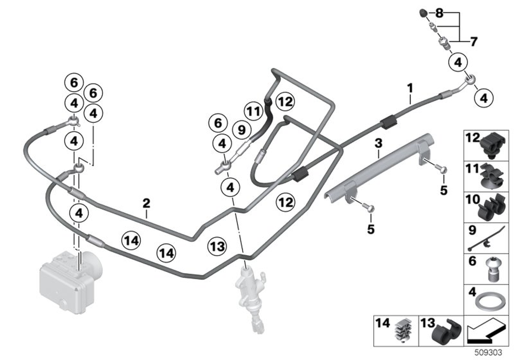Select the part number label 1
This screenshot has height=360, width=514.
pos(410,88)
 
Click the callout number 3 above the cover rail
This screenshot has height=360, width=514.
pos(378,141)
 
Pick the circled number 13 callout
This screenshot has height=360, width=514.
pos(217,246)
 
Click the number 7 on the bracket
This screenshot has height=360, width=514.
pos(473,41)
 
